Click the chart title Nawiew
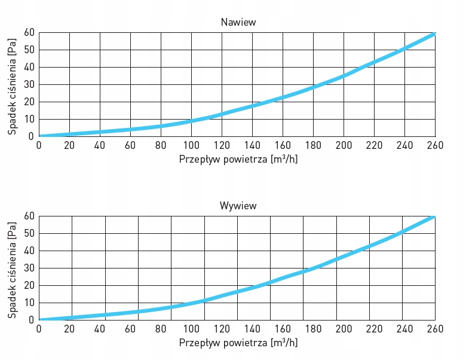[x=238, y=23]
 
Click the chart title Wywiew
[x=238, y=206]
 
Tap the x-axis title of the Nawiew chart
[x=238, y=160]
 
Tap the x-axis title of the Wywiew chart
[x=238, y=343]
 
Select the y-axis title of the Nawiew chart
[x=12, y=84]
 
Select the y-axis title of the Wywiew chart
[x=12, y=268]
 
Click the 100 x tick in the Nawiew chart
[x=191, y=145]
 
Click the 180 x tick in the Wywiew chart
[x=313, y=329]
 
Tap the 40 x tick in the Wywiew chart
[x=100, y=329]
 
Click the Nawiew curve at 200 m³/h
[x=344, y=76]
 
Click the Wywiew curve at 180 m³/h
[x=313, y=268]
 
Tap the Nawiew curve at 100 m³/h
[x=191, y=121]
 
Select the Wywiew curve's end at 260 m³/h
[x=434, y=216]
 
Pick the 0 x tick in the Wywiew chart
[x=39, y=329]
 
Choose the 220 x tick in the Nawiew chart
[x=375, y=145]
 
